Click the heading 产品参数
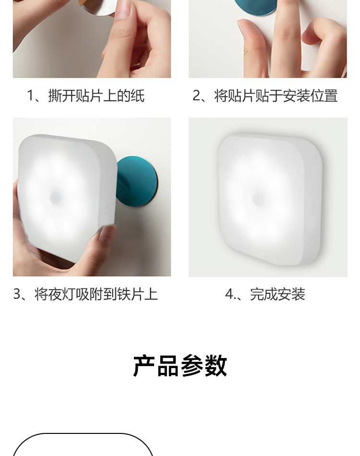point(180,366)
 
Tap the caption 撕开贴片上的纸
point(96,96)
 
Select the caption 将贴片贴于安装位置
point(276,96)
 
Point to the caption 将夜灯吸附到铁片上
point(96,294)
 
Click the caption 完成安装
point(277,294)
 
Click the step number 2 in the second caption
point(197,96)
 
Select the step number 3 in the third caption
point(17,294)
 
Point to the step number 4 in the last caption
point(229,294)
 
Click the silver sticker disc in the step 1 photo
point(100,7)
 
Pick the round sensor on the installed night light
point(258,199)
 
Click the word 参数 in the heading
point(204,366)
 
